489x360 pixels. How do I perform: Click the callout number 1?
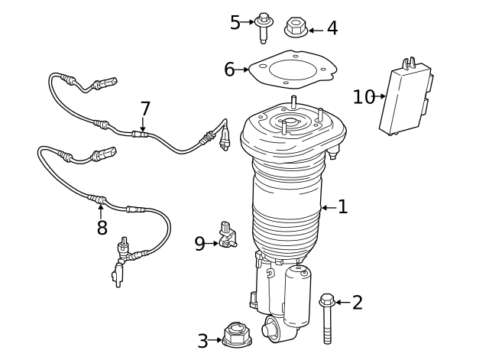[342, 206]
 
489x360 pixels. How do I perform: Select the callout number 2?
[357, 303]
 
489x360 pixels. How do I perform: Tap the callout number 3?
[202, 341]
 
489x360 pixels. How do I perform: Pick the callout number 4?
[332, 28]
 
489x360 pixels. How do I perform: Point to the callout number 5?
[235, 22]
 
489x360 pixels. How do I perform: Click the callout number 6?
[229, 70]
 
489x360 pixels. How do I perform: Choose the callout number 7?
[144, 109]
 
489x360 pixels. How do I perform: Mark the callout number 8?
[102, 227]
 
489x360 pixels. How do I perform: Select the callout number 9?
[199, 243]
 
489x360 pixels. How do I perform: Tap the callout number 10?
[364, 96]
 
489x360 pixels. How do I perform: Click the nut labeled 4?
[296, 28]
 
